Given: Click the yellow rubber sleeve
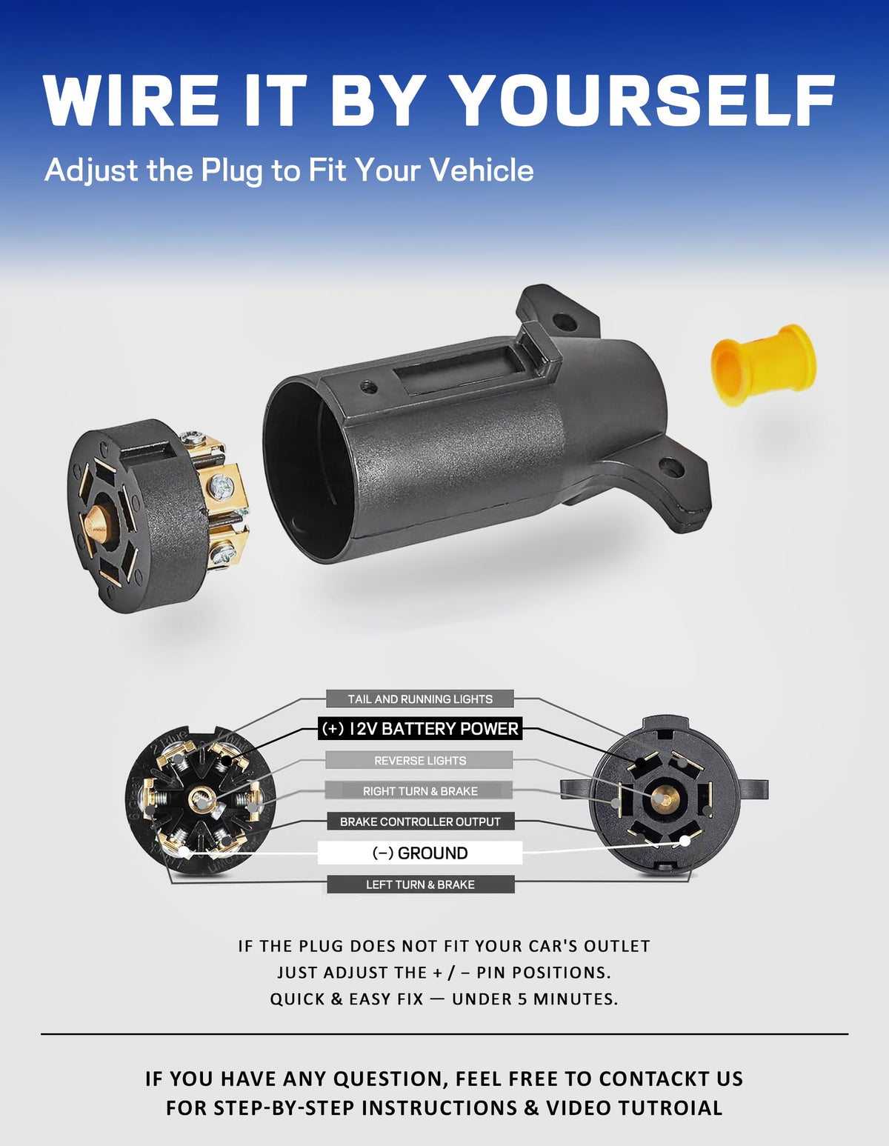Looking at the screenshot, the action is pos(764,364).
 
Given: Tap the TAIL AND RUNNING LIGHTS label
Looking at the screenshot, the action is pos(420,699).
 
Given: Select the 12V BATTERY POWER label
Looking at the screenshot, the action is pos(420,728).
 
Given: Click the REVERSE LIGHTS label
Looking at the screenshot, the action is pos(420,761).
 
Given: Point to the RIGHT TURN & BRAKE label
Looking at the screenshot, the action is pos(420,790).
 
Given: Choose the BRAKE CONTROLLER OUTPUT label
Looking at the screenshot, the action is pos(420,821).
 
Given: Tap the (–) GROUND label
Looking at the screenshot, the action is pos(420,853).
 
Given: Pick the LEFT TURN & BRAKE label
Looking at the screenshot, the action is pos(420,884).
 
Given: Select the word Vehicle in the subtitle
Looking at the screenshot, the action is pos(482,170).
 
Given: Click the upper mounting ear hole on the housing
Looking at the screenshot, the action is pos(565,322).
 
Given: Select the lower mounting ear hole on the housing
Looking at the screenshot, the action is pos(671,467).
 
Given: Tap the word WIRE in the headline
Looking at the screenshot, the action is pos(131,100).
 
